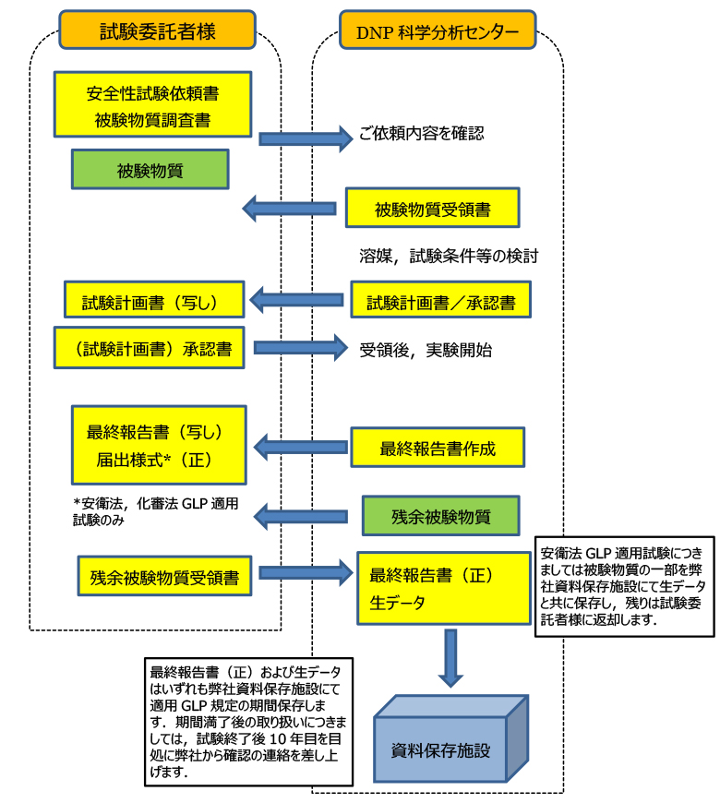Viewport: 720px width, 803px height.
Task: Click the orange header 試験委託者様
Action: point(157,31)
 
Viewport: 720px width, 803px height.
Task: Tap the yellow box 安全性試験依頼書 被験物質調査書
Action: point(152,105)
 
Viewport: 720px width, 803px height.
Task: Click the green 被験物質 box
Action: point(150,171)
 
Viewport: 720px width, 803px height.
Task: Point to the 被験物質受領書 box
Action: point(432,209)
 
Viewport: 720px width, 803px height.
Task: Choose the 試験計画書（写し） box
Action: point(153,301)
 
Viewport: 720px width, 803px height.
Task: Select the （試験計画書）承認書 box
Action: point(149,348)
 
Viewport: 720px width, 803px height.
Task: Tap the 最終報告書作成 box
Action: point(437,449)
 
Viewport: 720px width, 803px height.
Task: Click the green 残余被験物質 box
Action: point(440,517)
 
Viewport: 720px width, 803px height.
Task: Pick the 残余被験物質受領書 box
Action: point(164,577)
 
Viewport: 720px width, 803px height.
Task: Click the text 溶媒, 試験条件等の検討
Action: point(449,256)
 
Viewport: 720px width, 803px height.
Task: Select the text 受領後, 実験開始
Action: point(426,350)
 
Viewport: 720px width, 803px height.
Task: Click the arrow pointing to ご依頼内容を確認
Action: point(306,138)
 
